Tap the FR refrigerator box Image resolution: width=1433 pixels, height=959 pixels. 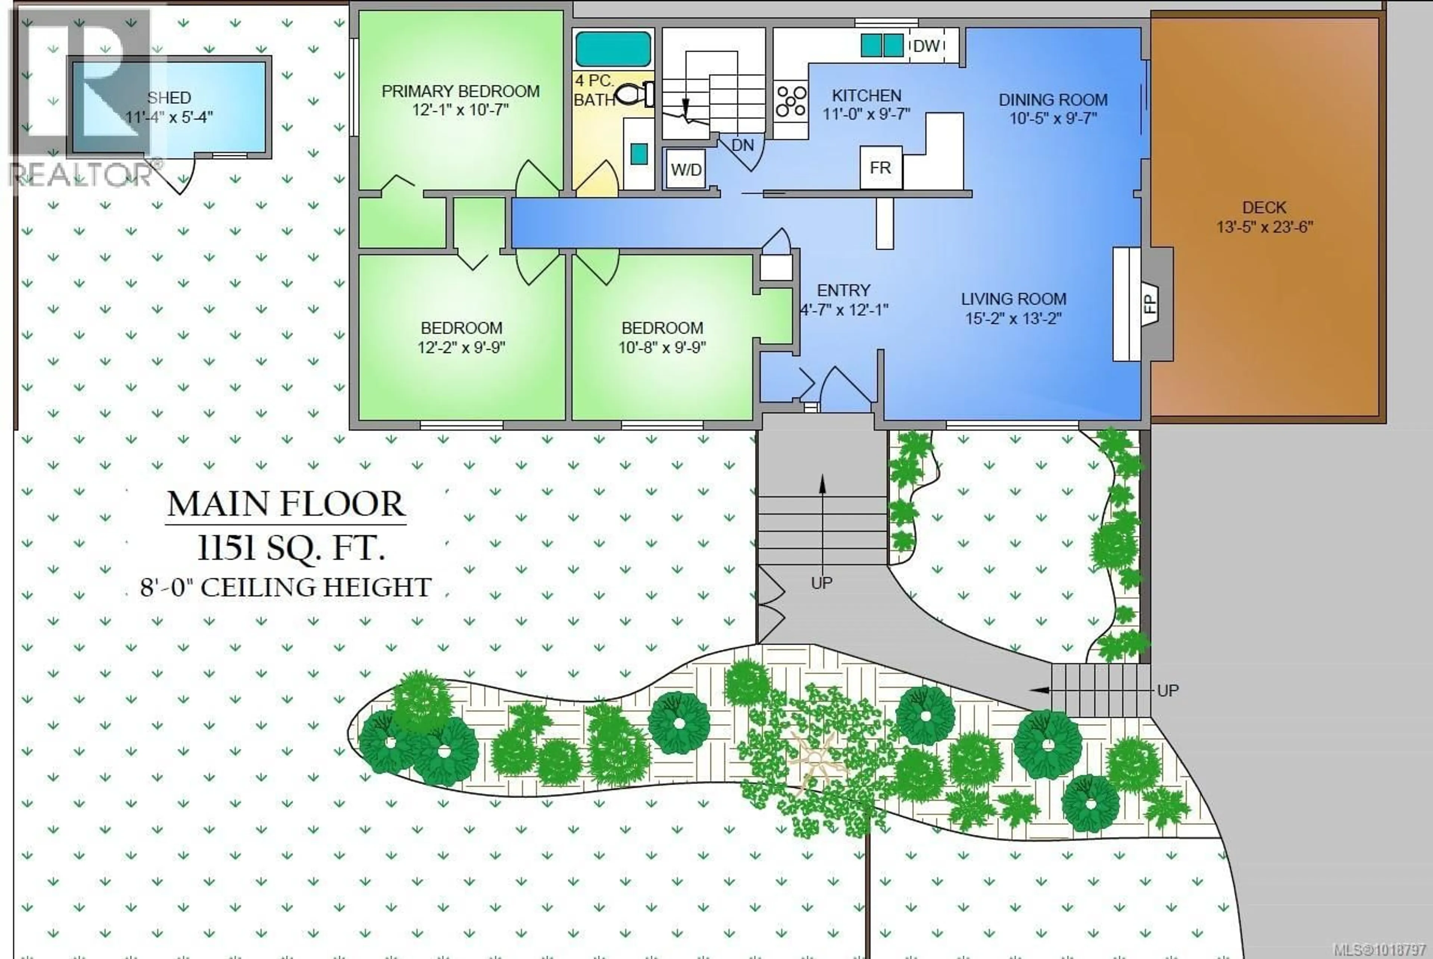coord(880,168)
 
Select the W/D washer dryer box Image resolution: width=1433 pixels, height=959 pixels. coord(686,169)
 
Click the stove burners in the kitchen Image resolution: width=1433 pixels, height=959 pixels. coord(790,102)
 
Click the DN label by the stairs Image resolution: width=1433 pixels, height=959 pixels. coord(742,146)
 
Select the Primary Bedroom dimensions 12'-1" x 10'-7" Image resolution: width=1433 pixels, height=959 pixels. coord(461,110)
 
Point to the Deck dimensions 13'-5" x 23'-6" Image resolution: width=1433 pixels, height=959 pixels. coord(1264,227)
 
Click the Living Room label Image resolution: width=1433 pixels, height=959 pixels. coord(1013,299)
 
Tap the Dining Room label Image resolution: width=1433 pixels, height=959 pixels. coord(1053,100)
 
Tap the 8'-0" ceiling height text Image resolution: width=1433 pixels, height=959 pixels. coord(285,588)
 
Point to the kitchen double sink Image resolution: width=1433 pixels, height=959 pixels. coord(882,45)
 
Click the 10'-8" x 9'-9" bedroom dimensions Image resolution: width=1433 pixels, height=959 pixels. coord(662,348)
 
